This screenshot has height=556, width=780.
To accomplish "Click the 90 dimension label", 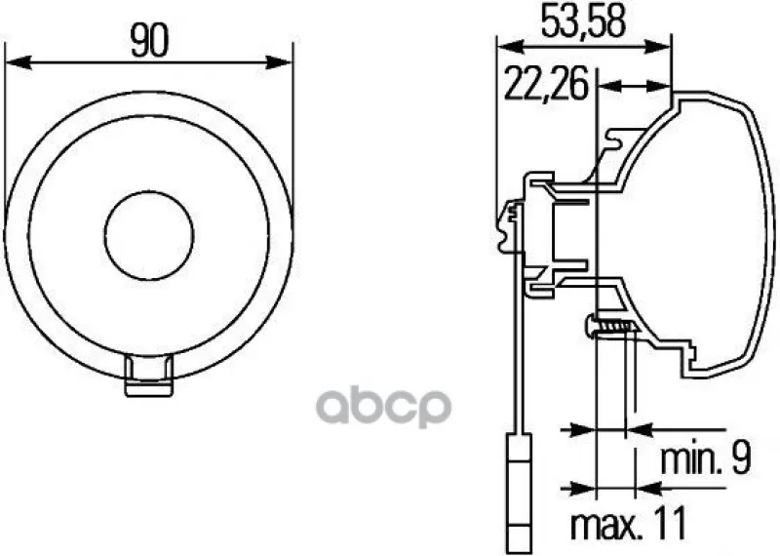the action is coord(149,40).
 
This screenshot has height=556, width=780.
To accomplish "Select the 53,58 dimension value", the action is coord(582,21).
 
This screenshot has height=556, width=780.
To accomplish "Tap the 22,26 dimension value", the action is coord(546,83).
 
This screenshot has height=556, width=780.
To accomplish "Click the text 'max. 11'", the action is coord(628,523).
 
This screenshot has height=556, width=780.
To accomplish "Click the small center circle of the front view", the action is coord(149,235).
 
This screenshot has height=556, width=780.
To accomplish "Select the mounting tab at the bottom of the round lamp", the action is coord(149,376).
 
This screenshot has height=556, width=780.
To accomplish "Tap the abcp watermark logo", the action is coord(383,407).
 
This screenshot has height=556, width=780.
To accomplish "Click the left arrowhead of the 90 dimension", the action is coord(18,63).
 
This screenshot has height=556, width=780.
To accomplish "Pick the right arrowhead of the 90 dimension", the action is coord(279,63).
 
